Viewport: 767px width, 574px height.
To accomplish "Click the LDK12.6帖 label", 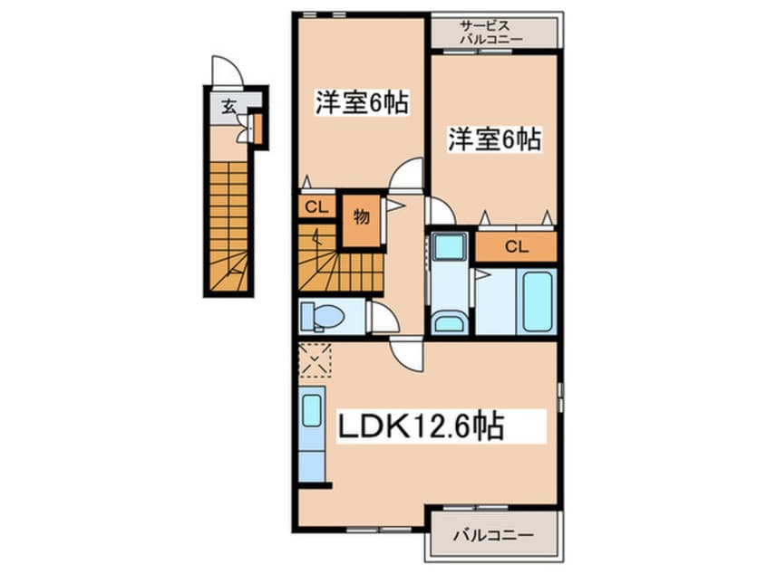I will coord(422,426).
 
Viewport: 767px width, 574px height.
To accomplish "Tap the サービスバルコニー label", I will coord(491,33).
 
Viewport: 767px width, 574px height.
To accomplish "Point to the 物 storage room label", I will coord(361,218).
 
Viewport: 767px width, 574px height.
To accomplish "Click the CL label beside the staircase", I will coord(315,207).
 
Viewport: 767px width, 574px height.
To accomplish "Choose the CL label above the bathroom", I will coord(516,246).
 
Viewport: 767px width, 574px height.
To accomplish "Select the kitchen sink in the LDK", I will coord(312,411).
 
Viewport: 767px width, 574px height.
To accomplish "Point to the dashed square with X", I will coord(315,359).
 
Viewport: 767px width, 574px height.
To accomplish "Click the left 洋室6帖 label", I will coord(360,103).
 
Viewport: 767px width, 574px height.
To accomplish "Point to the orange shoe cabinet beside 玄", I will coord(257,129).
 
